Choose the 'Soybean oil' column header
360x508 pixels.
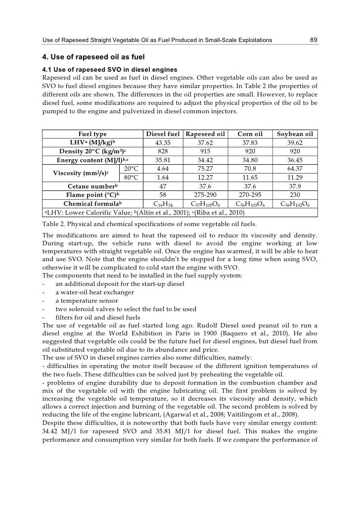[295, 134]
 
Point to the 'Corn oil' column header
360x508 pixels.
[250, 134]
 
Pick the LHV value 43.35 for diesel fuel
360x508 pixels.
[162, 142]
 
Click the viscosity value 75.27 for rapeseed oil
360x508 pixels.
[205, 169]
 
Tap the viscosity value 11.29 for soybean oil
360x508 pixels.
[295, 177]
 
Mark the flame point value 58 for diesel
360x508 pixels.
[162, 195]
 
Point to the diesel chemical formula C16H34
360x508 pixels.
[162, 204]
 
